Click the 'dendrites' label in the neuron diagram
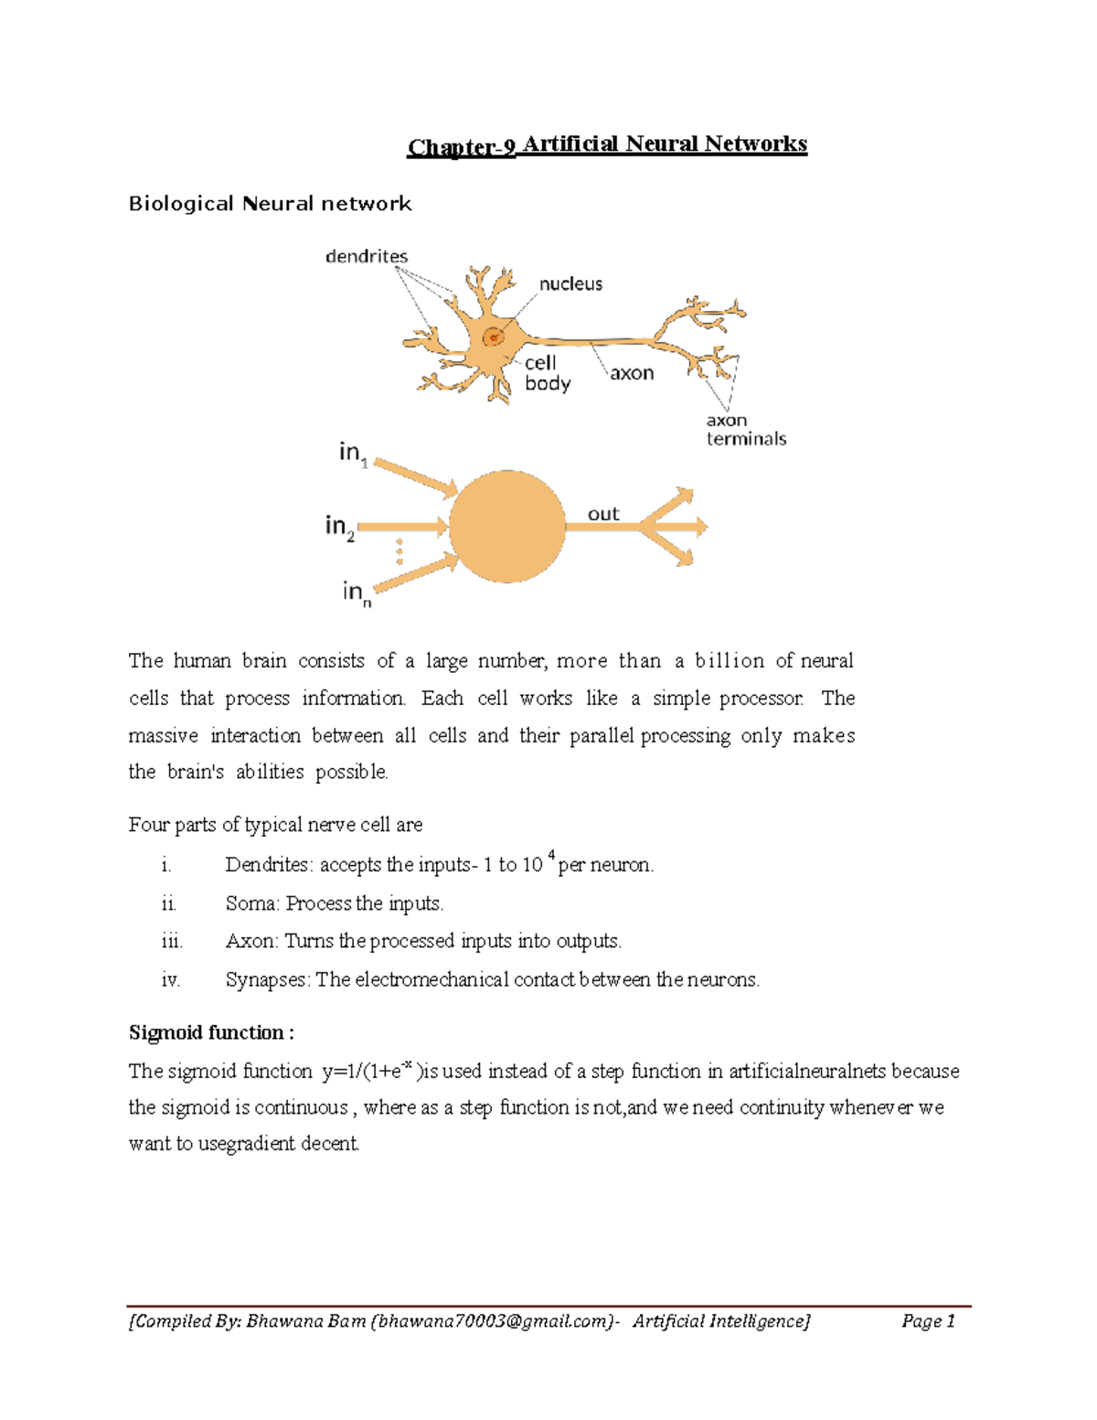tap(367, 257)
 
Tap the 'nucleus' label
tap(570, 284)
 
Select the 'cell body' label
tap(547, 373)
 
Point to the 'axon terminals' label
tap(745, 430)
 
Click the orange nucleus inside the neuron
tap(494, 336)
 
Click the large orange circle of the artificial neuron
tap(507, 527)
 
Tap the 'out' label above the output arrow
tap(603, 514)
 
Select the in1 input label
tap(353, 454)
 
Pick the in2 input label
tap(340, 528)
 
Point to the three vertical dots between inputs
tap(399, 551)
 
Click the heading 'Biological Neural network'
tap(270, 204)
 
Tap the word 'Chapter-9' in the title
tap(462, 147)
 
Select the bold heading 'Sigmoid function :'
tap(211, 1033)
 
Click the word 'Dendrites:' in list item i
tap(269, 865)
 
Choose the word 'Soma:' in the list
tap(253, 903)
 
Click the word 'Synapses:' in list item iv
tap(268, 980)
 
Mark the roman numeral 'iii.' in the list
tap(172, 942)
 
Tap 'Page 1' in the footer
tap(928, 1321)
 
